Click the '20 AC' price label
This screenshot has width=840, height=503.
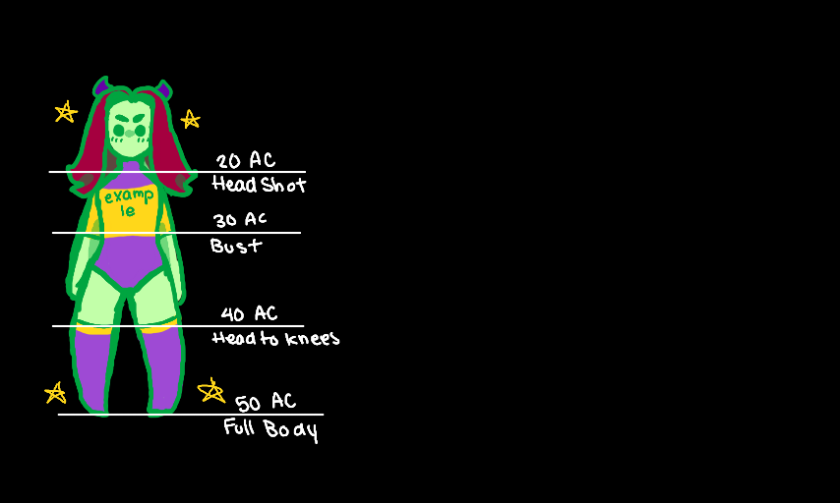coord(245,161)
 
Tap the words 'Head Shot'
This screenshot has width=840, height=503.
coord(259,185)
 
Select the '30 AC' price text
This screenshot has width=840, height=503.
coord(240,220)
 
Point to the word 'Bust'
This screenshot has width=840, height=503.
coord(236,245)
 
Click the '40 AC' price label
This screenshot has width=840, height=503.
coord(249,314)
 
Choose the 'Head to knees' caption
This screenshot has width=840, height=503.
coord(275,338)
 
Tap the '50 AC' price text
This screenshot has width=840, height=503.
coord(265,402)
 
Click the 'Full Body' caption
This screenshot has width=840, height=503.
coord(270,429)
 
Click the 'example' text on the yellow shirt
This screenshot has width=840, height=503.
coord(129,203)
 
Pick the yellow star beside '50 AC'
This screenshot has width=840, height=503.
coord(210,391)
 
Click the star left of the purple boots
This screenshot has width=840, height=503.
coord(55,393)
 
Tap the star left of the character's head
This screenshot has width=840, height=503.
coord(66,112)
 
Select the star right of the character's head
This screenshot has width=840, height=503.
coord(190,119)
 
